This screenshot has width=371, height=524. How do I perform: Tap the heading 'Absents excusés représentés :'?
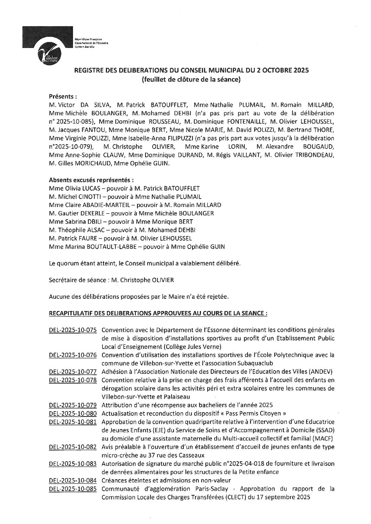click(91, 180)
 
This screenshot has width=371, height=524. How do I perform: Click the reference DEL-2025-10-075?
click(73, 330)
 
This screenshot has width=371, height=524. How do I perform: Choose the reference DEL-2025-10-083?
click(73, 463)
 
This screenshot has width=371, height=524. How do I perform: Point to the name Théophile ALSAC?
click(81, 230)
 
